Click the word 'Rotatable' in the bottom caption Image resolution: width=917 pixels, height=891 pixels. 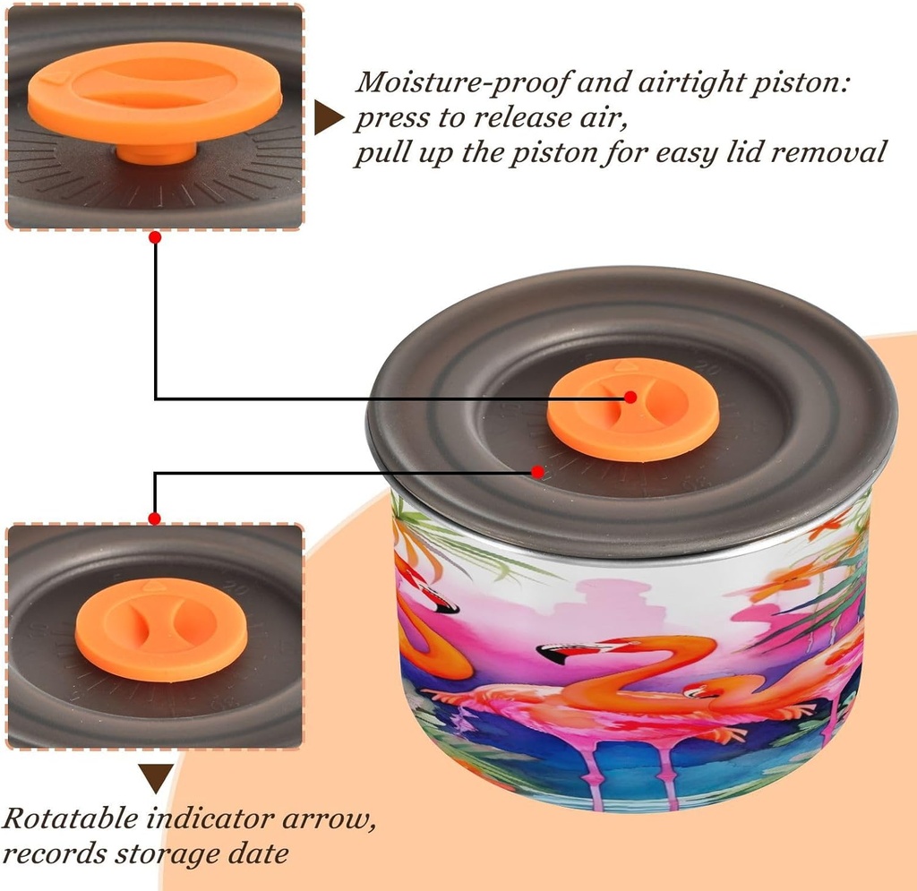70,818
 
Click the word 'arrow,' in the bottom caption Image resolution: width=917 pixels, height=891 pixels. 330,819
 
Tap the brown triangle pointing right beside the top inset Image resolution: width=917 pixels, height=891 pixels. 328,117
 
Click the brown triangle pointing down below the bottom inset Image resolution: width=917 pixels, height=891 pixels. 156,778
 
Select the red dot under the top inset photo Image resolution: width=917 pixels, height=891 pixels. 155,237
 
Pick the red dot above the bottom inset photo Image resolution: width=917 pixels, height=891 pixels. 154,518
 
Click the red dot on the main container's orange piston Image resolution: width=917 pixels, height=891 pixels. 630,397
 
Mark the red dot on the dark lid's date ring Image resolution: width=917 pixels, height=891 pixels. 538,471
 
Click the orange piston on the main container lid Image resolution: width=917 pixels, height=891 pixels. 633,409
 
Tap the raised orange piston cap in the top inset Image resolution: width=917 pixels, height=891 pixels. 155,93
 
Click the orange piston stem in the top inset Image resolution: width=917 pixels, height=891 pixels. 156,153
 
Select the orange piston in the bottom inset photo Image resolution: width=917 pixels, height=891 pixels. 161,630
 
